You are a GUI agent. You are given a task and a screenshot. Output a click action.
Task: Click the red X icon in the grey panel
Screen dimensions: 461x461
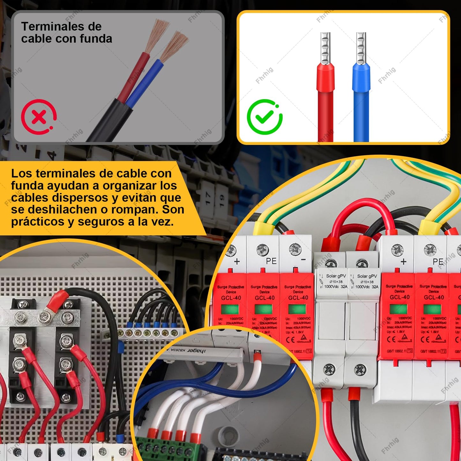39,117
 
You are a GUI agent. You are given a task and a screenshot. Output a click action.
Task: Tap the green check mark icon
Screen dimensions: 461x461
264,117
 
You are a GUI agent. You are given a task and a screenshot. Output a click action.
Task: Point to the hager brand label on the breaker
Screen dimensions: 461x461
196,351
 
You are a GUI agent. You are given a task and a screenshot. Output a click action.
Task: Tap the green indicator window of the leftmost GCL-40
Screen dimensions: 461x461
230,309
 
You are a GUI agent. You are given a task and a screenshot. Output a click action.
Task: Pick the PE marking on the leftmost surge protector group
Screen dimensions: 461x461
271,261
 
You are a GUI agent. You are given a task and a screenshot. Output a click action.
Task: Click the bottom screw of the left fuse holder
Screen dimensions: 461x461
329,370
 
